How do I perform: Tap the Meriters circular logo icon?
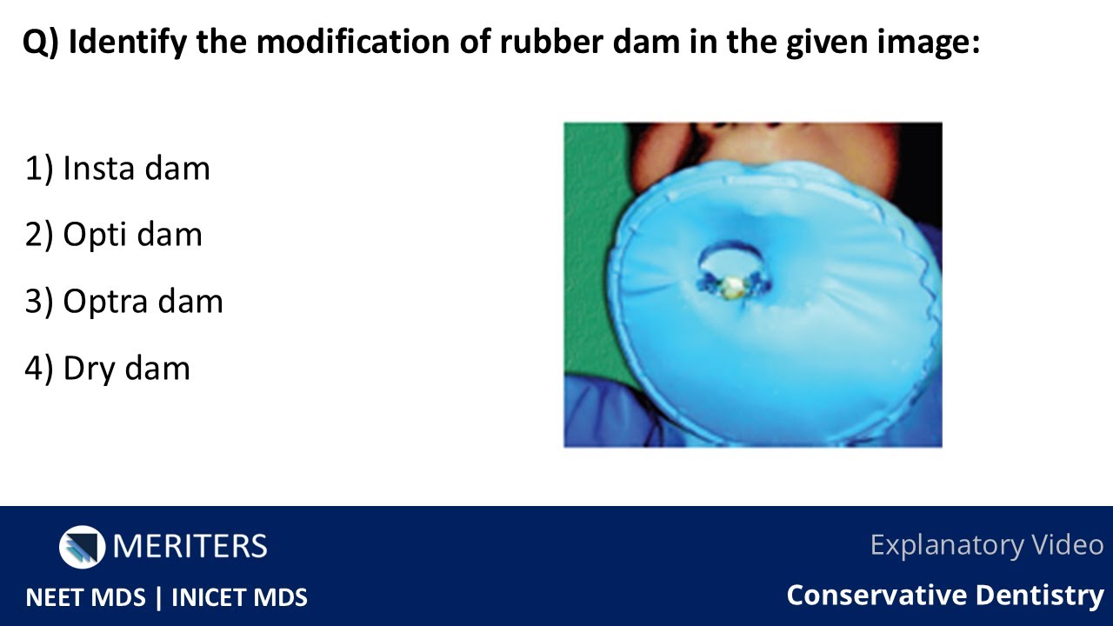[81, 546]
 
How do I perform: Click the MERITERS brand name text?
[190, 546]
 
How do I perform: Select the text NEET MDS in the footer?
[85, 597]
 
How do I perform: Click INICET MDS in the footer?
[239, 597]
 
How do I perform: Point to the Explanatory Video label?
[986, 545]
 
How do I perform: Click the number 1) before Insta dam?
[40, 169]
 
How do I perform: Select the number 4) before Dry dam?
[40, 369]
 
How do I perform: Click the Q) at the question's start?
[40, 43]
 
